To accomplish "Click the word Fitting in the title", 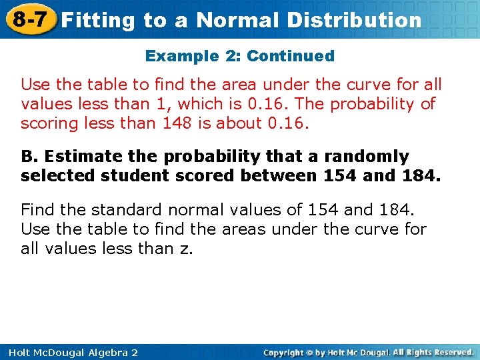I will [98, 20].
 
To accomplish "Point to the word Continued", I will [291, 56].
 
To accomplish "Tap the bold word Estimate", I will [70, 157].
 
